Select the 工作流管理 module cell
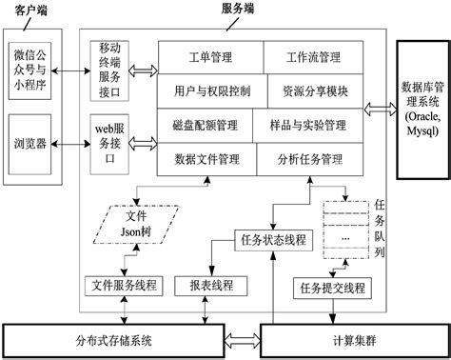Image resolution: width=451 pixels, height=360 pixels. (315, 58)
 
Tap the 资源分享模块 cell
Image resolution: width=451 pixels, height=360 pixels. (315, 91)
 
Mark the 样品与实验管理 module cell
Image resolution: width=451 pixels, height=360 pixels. (315, 125)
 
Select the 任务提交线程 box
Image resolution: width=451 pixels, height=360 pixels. (334, 286)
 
